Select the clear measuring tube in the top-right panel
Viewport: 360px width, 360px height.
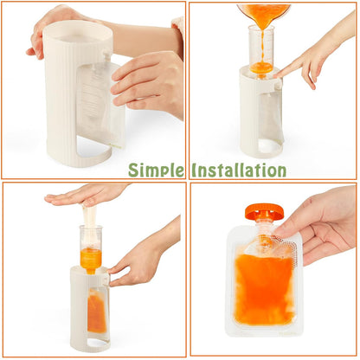pos(262,48)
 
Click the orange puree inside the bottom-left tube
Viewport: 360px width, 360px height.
pos(90,257)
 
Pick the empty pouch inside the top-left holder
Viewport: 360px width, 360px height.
pos(101,108)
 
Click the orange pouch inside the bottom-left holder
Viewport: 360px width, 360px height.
pos(96,312)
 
